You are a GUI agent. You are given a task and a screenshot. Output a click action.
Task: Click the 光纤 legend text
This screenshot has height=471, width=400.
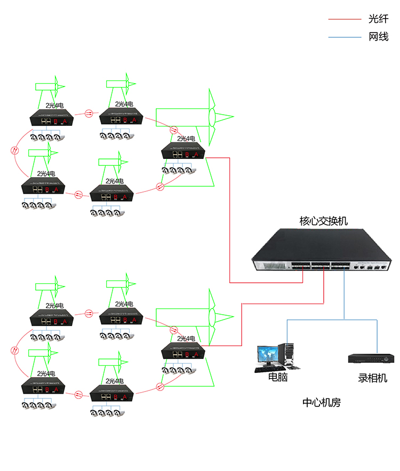pos(378,19)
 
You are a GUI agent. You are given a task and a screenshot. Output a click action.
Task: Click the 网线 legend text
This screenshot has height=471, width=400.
pos(378,37)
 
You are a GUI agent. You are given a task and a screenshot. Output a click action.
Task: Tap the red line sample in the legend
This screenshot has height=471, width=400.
pos(345,20)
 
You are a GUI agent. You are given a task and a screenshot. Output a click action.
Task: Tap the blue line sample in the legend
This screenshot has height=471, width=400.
pos(345,37)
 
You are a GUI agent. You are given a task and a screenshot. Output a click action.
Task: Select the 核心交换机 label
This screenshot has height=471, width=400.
pos(323,220)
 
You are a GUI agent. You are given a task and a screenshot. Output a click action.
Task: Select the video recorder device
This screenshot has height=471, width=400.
pos(369,357)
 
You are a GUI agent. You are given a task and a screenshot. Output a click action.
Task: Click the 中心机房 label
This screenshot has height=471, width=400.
pos(321,403)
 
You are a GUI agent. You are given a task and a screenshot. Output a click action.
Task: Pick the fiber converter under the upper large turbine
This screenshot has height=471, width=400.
pos(183,151)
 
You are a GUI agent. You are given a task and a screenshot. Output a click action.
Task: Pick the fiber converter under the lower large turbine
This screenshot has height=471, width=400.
pos(183,352)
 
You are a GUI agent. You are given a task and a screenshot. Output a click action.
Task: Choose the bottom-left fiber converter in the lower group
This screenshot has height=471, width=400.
pos(43,387)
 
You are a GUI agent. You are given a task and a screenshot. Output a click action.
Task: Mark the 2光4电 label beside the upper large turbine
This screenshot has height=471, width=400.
pos(186,138)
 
